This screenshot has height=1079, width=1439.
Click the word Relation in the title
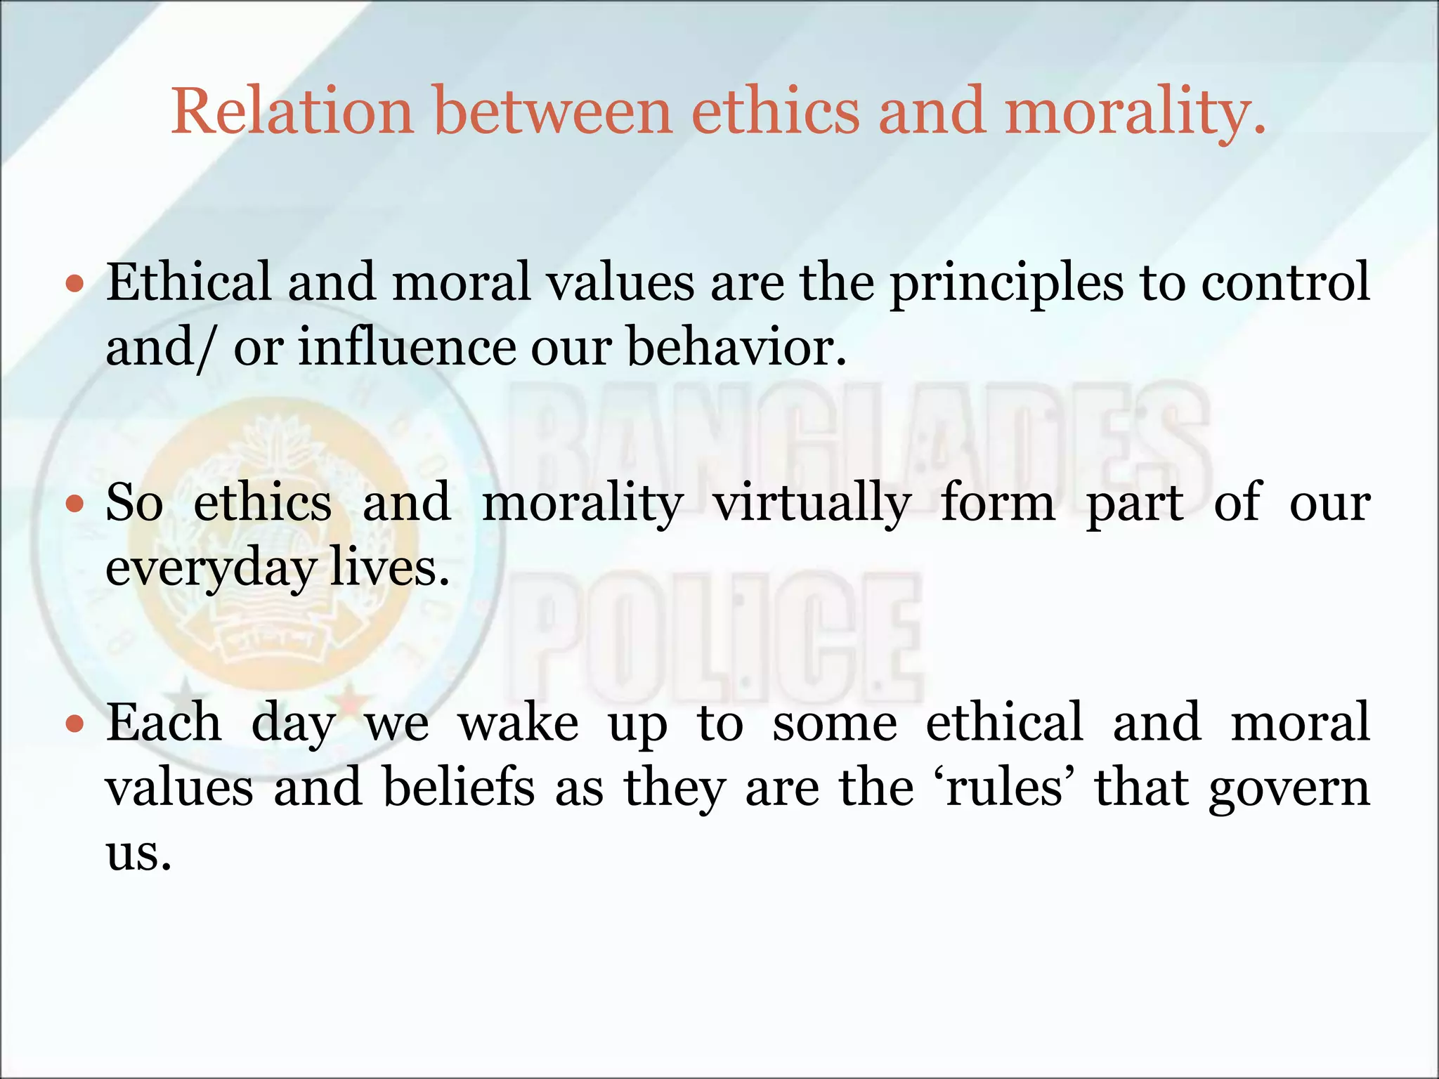pyautogui.click(x=292, y=111)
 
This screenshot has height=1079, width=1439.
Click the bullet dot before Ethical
pyautogui.click(x=74, y=285)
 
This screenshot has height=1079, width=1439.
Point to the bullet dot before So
pyautogui.click(x=74, y=504)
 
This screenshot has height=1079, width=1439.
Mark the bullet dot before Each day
pyautogui.click(x=74, y=724)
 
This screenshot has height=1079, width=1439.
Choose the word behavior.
pyautogui.click(x=736, y=348)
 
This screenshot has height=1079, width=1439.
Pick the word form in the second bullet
pyautogui.click(x=998, y=502)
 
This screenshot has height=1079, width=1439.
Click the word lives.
pyautogui.click(x=389, y=568)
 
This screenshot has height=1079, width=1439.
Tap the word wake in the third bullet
pyautogui.click(x=519, y=723)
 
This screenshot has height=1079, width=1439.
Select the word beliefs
pyautogui.click(x=459, y=787)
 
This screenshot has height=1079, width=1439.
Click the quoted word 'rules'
pyautogui.click(x=1004, y=787)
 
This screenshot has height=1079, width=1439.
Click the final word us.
pyautogui.click(x=138, y=853)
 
